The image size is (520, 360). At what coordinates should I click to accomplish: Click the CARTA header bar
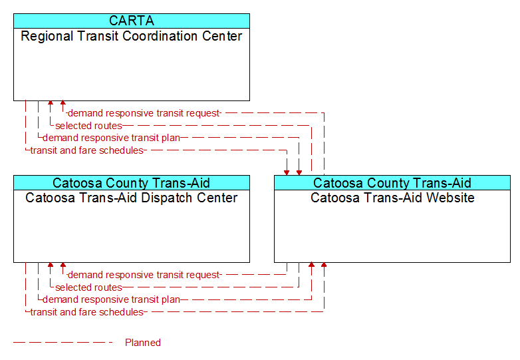click(132, 21)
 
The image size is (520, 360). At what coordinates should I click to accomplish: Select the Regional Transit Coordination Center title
click(132, 36)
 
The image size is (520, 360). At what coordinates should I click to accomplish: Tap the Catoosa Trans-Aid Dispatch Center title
click(132, 198)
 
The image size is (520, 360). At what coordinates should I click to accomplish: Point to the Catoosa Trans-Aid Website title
click(392, 198)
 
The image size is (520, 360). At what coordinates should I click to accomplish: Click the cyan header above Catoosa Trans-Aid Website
click(392, 183)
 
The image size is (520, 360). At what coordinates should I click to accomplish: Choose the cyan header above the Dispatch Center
click(132, 183)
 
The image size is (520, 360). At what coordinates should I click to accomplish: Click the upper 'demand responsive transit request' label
click(144, 113)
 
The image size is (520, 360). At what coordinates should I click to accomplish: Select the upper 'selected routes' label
click(88, 126)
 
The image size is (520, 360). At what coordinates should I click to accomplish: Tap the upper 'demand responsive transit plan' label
click(112, 138)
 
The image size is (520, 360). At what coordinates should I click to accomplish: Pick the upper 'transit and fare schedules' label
click(87, 150)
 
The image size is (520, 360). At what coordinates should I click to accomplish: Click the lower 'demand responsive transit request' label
click(144, 275)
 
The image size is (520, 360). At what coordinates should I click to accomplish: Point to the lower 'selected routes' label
click(88, 287)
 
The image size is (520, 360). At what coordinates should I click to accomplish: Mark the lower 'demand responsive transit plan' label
click(112, 299)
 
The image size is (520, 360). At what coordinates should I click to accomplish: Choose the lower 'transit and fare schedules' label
click(87, 312)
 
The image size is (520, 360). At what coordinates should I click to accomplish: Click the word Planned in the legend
click(143, 343)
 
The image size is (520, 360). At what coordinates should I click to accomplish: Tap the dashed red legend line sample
click(63, 343)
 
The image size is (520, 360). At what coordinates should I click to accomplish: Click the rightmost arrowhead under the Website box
click(324, 265)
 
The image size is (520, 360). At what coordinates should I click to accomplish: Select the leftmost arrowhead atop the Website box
click(287, 173)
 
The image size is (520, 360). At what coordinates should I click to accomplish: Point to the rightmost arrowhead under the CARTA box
click(63, 103)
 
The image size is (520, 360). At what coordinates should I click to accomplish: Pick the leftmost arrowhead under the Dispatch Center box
click(51, 265)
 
